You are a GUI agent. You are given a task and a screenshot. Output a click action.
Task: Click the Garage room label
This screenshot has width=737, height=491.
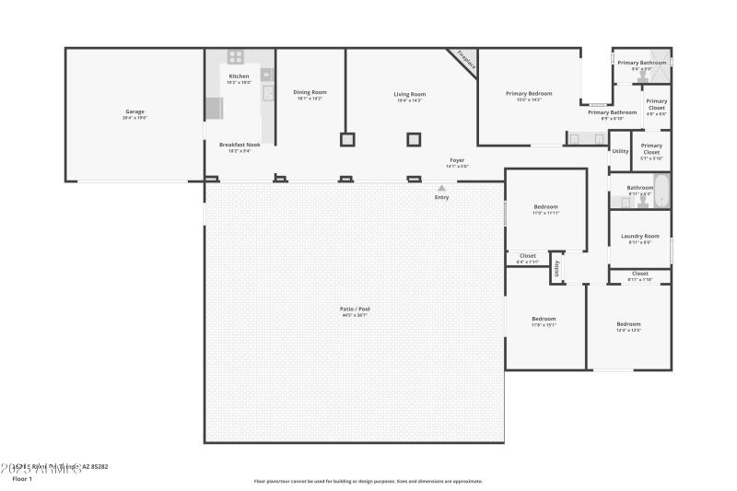point(135,112)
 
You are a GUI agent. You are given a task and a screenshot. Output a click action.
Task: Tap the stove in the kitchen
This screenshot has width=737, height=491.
point(235,56)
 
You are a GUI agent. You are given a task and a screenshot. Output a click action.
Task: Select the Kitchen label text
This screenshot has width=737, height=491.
point(239,76)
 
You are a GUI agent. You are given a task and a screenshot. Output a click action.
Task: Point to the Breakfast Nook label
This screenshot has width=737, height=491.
point(240,145)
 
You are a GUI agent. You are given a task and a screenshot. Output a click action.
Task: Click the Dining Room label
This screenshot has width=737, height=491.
point(310,92)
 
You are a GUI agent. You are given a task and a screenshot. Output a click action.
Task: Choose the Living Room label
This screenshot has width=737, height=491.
point(410,94)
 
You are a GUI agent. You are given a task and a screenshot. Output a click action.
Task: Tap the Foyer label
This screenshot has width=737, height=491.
point(457,160)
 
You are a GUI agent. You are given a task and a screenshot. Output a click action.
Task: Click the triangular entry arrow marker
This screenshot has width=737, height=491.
point(441,188)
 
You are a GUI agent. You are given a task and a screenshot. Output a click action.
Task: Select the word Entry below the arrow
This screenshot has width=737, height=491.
point(441,197)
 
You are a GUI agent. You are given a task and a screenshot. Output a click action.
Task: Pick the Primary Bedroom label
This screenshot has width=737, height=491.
point(529,93)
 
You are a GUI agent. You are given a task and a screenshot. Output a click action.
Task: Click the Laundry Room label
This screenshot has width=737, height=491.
point(640,236)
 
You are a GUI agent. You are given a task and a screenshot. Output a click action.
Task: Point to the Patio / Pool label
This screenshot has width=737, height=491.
point(355,309)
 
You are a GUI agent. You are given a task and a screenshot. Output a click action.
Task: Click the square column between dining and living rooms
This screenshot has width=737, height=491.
point(347,140)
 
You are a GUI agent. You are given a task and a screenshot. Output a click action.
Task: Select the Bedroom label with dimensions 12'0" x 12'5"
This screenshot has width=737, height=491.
point(628,324)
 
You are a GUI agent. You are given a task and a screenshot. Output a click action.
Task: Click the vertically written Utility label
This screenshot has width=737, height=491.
point(556,270)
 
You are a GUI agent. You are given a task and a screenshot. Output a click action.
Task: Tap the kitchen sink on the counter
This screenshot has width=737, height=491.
point(268,93)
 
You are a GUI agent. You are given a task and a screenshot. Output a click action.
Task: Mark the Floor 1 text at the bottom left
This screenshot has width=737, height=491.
point(22,479)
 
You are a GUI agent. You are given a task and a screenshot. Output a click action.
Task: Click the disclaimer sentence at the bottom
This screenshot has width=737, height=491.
point(368,481)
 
